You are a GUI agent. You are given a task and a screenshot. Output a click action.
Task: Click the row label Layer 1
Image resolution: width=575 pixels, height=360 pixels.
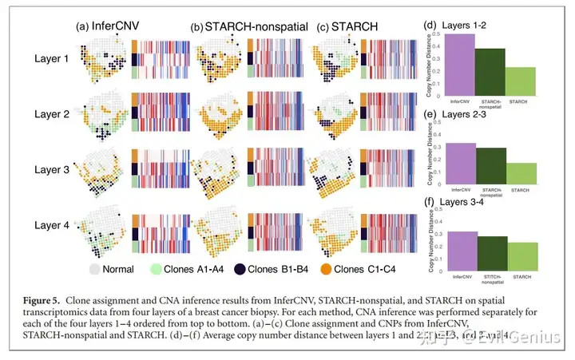51,57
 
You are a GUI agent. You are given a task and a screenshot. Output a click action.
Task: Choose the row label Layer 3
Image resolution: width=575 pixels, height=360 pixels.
51,169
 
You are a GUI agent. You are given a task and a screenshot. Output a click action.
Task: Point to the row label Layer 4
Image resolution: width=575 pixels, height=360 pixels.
51,225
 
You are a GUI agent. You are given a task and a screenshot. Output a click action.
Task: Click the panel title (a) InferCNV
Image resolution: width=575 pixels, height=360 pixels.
106,25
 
